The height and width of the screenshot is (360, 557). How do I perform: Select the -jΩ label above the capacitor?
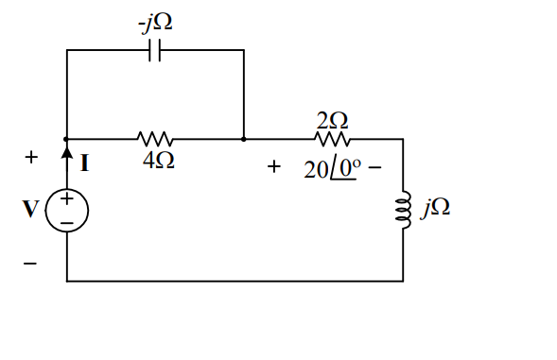pos(155,22)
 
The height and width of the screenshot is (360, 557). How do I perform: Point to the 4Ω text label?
pos(157,162)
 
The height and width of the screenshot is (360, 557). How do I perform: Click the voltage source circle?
pos(67,210)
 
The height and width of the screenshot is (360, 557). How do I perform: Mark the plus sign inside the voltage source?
pos(67,200)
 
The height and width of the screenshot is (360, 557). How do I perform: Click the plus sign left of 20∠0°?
pos(273,166)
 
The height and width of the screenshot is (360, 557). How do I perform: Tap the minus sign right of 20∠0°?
pos(374,171)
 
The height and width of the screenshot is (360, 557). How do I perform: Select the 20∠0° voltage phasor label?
pos(330,169)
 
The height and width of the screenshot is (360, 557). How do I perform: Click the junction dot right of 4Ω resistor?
pos(244,139)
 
